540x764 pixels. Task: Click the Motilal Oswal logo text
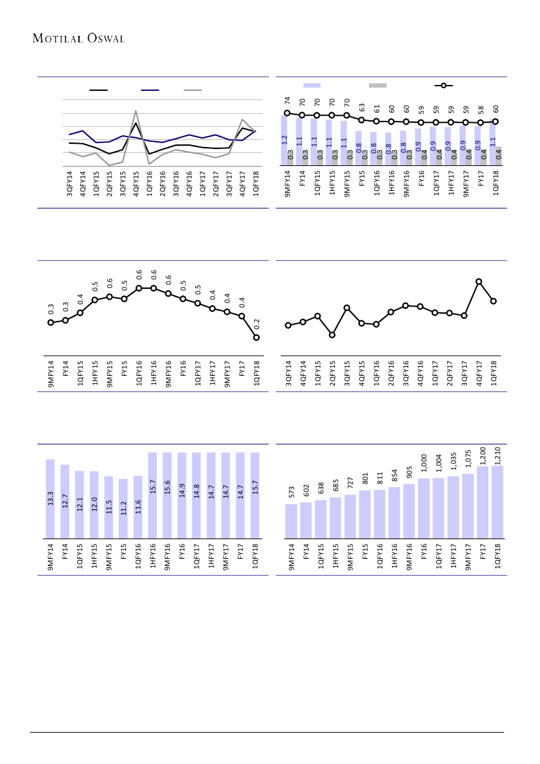[78, 38]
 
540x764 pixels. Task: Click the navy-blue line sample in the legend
[150, 90]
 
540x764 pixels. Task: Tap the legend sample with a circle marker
[443, 85]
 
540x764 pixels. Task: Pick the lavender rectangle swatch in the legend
[312, 85]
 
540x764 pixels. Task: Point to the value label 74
[287, 101]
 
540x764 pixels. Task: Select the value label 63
[361, 107]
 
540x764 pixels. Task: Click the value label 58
[480, 110]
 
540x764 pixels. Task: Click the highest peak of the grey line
[135, 111]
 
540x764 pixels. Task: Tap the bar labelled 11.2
[123, 508]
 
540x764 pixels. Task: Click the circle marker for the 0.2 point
[257, 337]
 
